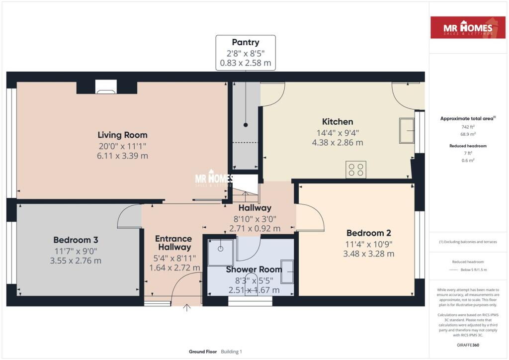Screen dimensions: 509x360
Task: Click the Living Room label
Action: pos(122,135)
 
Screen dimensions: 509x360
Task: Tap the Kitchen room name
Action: pos(338,122)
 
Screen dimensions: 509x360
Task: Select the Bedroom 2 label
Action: pos(369,233)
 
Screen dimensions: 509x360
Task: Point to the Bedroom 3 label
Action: pos(76,240)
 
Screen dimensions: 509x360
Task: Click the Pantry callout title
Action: pos(246,43)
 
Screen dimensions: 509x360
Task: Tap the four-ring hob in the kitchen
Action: pos(356,170)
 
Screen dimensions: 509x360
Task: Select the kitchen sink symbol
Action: pos(407,130)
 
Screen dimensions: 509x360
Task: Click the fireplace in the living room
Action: pos(106,87)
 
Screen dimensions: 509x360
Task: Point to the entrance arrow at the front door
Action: pos(187,308)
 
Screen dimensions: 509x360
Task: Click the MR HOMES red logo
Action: pos(468,27)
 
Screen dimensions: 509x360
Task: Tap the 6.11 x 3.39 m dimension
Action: pos(122,156)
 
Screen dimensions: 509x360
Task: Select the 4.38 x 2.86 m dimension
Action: pos(338,143)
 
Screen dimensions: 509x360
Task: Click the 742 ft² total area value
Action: pos(468,127)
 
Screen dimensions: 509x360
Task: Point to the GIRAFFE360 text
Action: pos(468,345)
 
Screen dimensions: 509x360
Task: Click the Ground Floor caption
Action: pos(203,352)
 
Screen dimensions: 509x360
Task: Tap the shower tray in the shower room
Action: pos(221,252)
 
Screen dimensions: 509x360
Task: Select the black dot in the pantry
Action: pos(246,125)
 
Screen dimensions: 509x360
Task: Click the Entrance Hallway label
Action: pos(173,243)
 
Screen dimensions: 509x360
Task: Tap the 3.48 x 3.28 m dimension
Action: pos(369,254)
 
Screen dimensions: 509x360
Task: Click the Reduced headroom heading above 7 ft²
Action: pos(468,146)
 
